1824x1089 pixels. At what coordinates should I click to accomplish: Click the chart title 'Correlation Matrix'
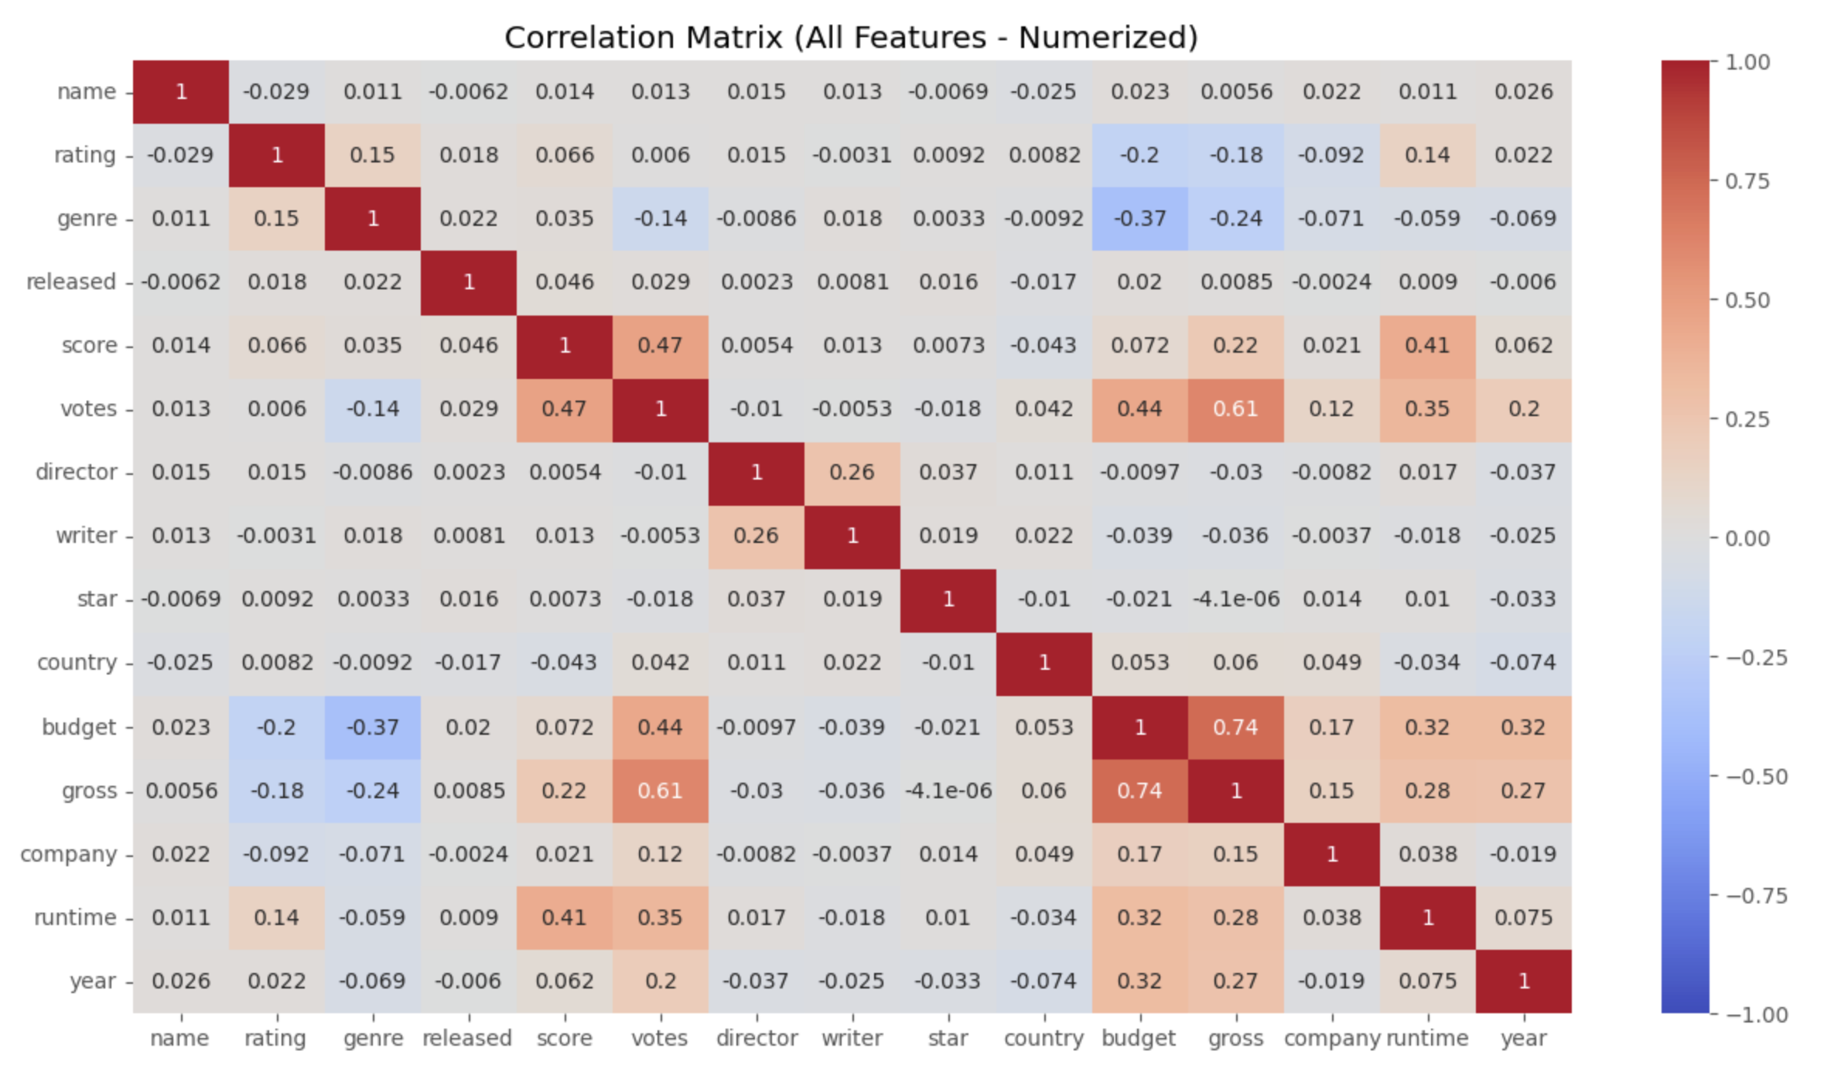(x=851, y=37)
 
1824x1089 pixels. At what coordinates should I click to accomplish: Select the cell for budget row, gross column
(x=1235, y=727)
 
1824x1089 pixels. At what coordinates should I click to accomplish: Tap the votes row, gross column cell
(x=1235, y=409)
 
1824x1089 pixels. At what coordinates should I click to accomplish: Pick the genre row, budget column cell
(x=1139, y=219)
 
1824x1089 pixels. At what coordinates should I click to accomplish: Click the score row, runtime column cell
(x=1427, y=346)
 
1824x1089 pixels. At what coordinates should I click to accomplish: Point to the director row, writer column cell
(x=852, y=473)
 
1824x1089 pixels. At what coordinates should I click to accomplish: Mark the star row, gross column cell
(x=1235, y=599)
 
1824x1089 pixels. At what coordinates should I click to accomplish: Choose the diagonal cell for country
(x=1044, y=663)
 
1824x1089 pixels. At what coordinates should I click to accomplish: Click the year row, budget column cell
(x=1139, y=981)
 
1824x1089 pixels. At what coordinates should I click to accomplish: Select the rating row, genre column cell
(x=372, y=155)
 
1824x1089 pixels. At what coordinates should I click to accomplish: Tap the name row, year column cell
(x=1523, y=92)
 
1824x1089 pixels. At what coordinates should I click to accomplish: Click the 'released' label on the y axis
(x=71, y=282)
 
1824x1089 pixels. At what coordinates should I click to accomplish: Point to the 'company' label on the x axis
(x=1332, y=1038)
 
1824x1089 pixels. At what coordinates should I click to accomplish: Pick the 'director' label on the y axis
(x=76, y=473)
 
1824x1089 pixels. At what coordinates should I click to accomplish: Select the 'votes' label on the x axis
(x=660, y=1038)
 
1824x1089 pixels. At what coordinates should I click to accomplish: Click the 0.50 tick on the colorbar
(x=1747, y=300)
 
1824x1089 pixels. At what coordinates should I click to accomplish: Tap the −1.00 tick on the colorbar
(x=1757, y=1015)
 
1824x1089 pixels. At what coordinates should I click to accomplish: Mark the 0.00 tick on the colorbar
(x=1747, y=538)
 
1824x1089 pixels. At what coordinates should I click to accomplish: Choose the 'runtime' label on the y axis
(x=75, y=917)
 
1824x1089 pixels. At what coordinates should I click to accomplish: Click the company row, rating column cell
(x=276, y=854)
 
